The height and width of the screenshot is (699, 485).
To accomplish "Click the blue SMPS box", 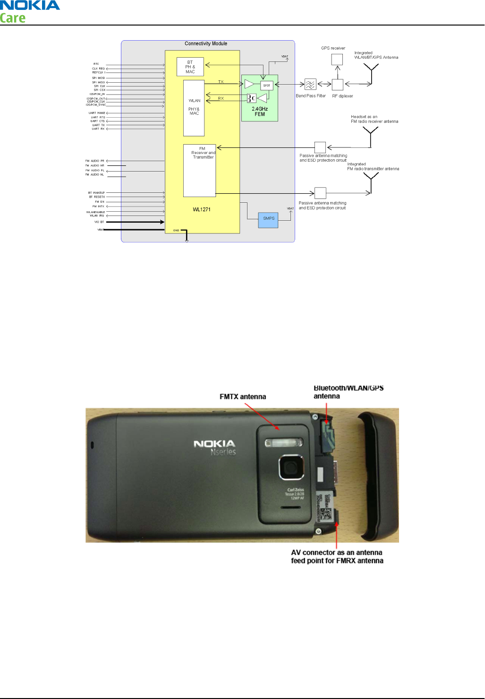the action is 268,219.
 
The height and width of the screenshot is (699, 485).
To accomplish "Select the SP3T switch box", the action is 267,86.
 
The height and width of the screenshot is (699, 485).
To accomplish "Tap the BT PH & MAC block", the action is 190,67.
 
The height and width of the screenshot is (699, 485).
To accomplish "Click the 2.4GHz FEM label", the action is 260,112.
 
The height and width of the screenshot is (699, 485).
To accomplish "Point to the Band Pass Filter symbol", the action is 310,85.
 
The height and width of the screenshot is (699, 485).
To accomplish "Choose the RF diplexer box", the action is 337,85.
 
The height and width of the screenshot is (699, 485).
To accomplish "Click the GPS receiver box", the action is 337,60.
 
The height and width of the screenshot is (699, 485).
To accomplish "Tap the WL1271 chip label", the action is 202,209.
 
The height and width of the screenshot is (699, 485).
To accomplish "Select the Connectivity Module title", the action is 206,43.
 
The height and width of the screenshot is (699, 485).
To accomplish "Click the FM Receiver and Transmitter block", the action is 200,170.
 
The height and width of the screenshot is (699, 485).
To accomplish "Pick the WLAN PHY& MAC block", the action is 194,108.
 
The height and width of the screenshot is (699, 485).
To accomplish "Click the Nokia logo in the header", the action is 30,6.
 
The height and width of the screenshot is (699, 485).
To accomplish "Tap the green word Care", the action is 13,18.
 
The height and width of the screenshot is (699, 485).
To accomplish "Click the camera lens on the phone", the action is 288,467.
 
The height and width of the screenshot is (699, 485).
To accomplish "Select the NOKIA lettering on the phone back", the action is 214,444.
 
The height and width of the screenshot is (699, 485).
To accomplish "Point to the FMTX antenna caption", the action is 243,397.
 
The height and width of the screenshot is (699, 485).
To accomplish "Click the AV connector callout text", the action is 337,557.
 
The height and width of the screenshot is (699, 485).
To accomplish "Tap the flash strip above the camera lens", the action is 283,443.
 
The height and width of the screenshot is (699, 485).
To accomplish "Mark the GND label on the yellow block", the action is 176,231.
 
